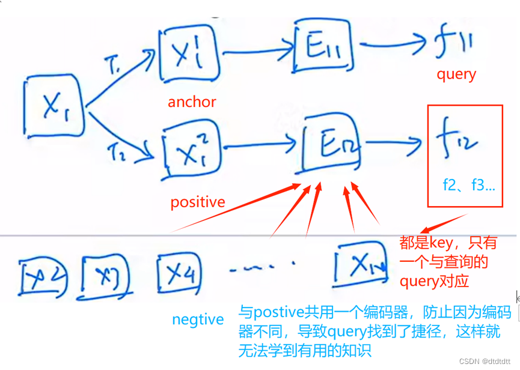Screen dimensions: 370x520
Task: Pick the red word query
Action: point(456,74)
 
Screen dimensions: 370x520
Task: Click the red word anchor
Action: point(192,102)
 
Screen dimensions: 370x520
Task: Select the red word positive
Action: point(198,202)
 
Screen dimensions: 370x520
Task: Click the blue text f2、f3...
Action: point(468,186)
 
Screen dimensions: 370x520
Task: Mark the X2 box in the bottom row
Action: point(42,277)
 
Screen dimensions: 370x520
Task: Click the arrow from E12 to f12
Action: point(394,142)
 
